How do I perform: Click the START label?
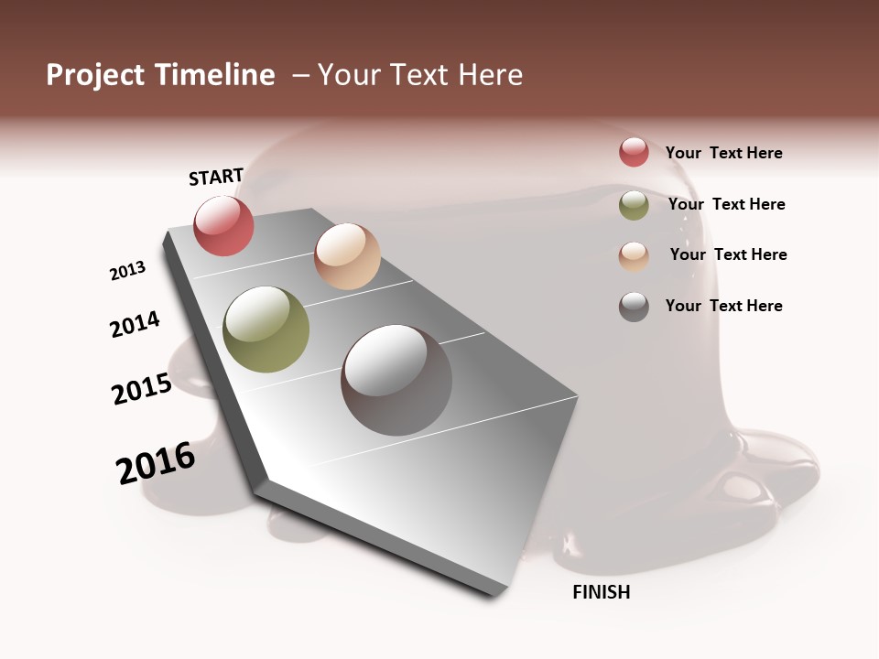click(x=216, y=177)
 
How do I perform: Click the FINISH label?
click(x=602, y=592)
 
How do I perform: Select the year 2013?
click(x=127, y=271)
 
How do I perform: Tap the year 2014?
click(x=135, y=324)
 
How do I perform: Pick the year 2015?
click(x=142, y=389)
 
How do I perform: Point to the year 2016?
click(x=156, y=462)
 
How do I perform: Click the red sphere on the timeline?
click(x=223, y=226)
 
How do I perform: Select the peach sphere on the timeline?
click(x=347, y=256)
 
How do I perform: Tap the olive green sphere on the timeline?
click(x=266, y=329)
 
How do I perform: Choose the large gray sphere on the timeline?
click(x=396, y=380)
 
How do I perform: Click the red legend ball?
click(x=634, y=152)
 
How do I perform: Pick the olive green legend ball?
click(x=634, y=205)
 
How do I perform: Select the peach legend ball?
click(x=634, y=256)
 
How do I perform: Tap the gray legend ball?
click(x=634, y=307)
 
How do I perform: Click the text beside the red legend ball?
click(x=723, y=153)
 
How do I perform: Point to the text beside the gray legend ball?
click(x=723, y=306)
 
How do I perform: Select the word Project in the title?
click(x=96, y=75)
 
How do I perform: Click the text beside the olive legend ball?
click(x=726, y=204)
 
